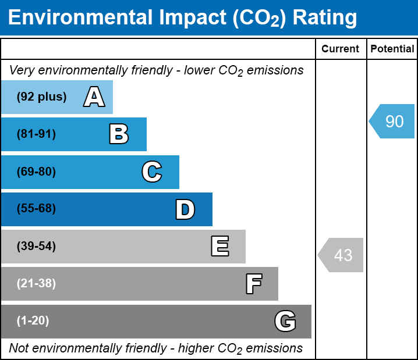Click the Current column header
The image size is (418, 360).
tap(340, 49)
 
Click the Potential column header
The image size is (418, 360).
tap(392, 49)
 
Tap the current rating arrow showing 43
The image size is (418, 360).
tap(341, 255)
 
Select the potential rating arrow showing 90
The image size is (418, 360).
tap(392, 121)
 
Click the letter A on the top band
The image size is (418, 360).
tap(94, 97)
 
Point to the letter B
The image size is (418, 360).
tap(119, 134)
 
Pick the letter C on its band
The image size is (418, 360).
tap(152, 172)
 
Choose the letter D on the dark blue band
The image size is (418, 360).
tap(185, 209)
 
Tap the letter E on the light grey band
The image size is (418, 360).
tap(220, 246)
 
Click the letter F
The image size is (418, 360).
tap(254, 284)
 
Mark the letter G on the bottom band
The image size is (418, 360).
tap(285, 321)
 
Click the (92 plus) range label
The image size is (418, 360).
tap(41, 97)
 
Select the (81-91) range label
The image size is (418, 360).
tap(36, 134)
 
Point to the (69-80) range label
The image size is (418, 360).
tap(36, 172)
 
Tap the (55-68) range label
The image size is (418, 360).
tap(36, 208)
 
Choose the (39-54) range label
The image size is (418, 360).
tap(36, 246)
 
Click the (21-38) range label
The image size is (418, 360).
tap(36, 283)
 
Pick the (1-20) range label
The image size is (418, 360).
tap(33, 320)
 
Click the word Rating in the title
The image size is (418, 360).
tap(325, 18)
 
